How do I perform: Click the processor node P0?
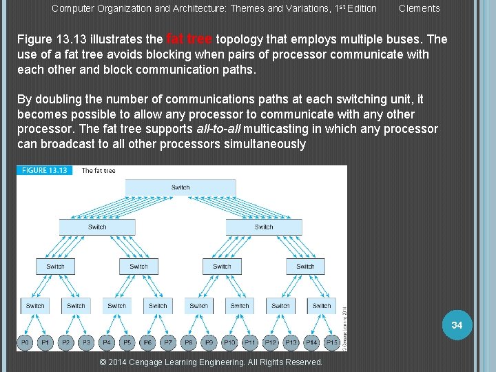pyautogui.click(x=25, y=342)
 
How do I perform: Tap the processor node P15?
pyautogui.click(x=332, y=342)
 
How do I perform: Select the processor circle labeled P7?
pyautogui.click(x=168, y=342)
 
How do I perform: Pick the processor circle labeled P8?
pyautogui.click(x=189, y=342)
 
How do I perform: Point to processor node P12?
pyautogui.click(x=270, y=342)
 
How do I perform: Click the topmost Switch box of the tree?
pyautogui.click(x=180, y=187)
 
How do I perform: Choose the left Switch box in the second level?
pyautogui.click(x=97, y=227)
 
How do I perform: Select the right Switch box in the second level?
pyautogui.click(x=264, y=227)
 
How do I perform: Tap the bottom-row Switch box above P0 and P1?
pyautogui.click(x=35, y=306)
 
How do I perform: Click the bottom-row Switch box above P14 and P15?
pyautogui.click(x=322, y=306)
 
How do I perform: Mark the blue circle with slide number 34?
pyautogui.click(x=457, y=324)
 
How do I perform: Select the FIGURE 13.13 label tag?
pyautogui.click(x=44, y=170)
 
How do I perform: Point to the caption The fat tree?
pyautogui.click(x=99, y=170)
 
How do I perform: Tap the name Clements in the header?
pyautogui.click(x=419, y=9)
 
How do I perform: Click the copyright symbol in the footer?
pyautogui.click(x=103, y=362)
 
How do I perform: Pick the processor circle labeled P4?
pyautogui.click(x=107, y=342)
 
